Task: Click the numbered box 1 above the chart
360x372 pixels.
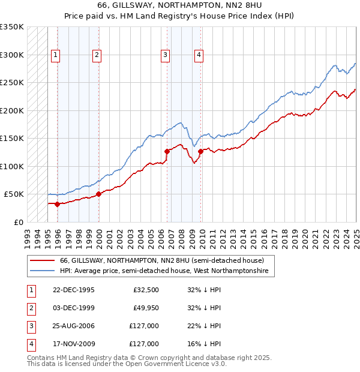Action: [55, 55]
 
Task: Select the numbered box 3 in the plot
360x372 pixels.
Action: [165, 55]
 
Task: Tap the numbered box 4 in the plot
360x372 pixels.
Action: [199, 55]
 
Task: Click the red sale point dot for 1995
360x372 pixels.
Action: [58, 204]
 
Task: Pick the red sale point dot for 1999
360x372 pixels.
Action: [99, 194]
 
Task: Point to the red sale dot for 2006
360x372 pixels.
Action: [167, 151]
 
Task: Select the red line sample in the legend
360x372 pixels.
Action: [42, 260]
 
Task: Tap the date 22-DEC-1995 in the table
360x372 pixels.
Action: [74, 290]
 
